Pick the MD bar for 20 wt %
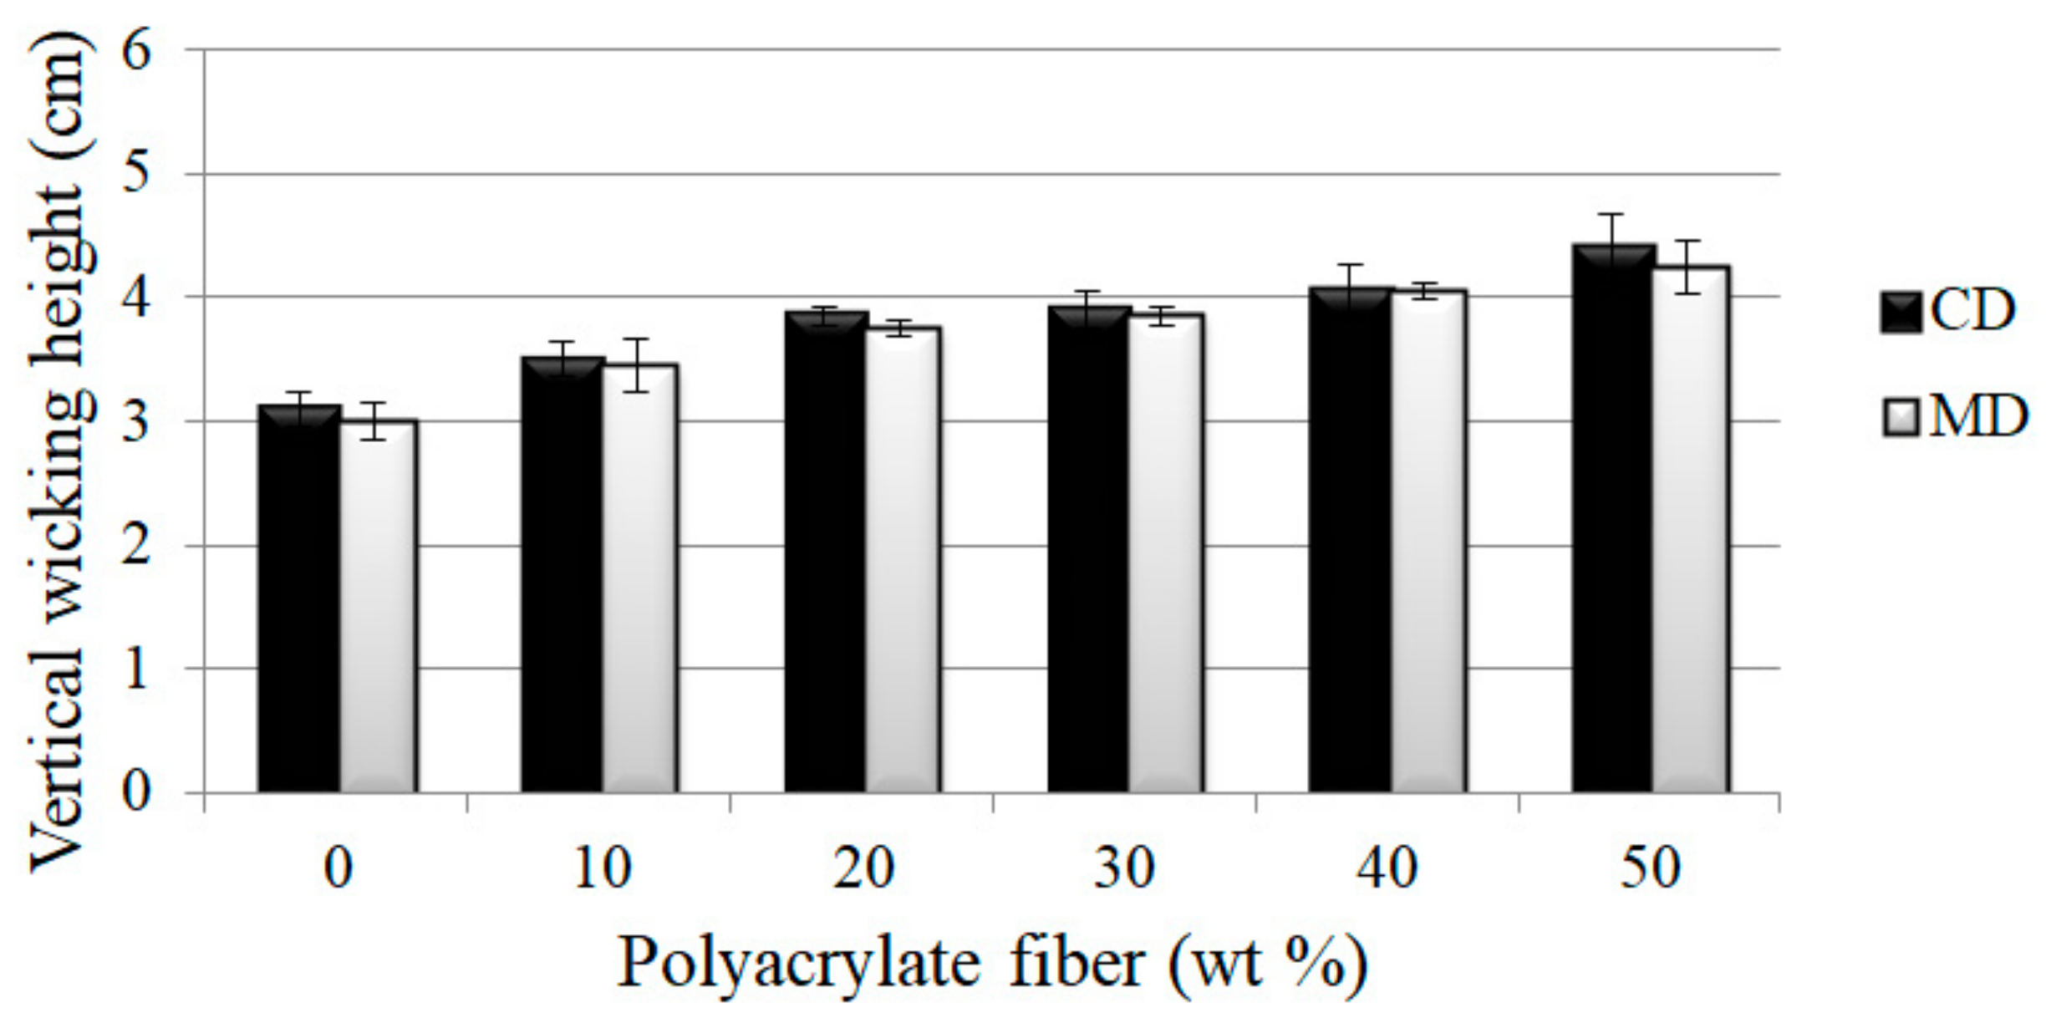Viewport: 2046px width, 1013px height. click(903, 560)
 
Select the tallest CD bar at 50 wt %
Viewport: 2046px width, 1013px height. click(1613, 518)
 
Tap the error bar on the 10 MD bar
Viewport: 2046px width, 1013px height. click(637, 365)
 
